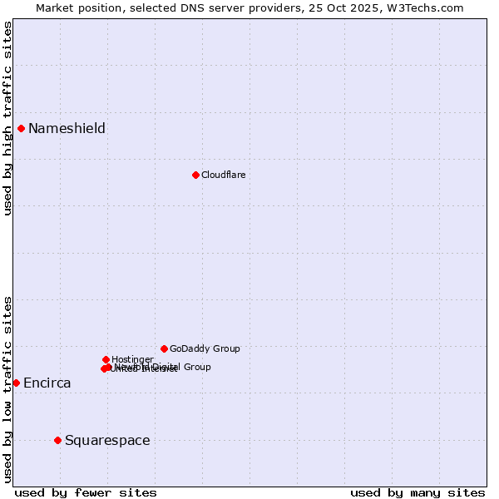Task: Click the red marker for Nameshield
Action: (21, 128)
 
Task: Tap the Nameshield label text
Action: (67, 128)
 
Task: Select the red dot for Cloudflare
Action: (195, 175)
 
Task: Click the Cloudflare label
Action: (223, 175)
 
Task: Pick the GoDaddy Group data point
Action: (164, 348)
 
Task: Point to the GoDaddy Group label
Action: (205, 348)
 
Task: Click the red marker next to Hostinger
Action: (106, 359)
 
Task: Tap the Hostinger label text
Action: (132, 359)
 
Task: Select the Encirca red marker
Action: (16, 383)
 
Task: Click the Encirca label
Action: (47, 383)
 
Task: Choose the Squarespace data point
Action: (57, 440)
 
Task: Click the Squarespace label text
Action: (107, 440)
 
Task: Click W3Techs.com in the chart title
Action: (429, 7)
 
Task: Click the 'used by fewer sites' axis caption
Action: (86, 492)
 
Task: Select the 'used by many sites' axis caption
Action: (417, 492)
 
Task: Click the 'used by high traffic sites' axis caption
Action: (7, 118)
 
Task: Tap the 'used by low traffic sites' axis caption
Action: (7, 389)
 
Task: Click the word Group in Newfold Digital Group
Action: (197, 367)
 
